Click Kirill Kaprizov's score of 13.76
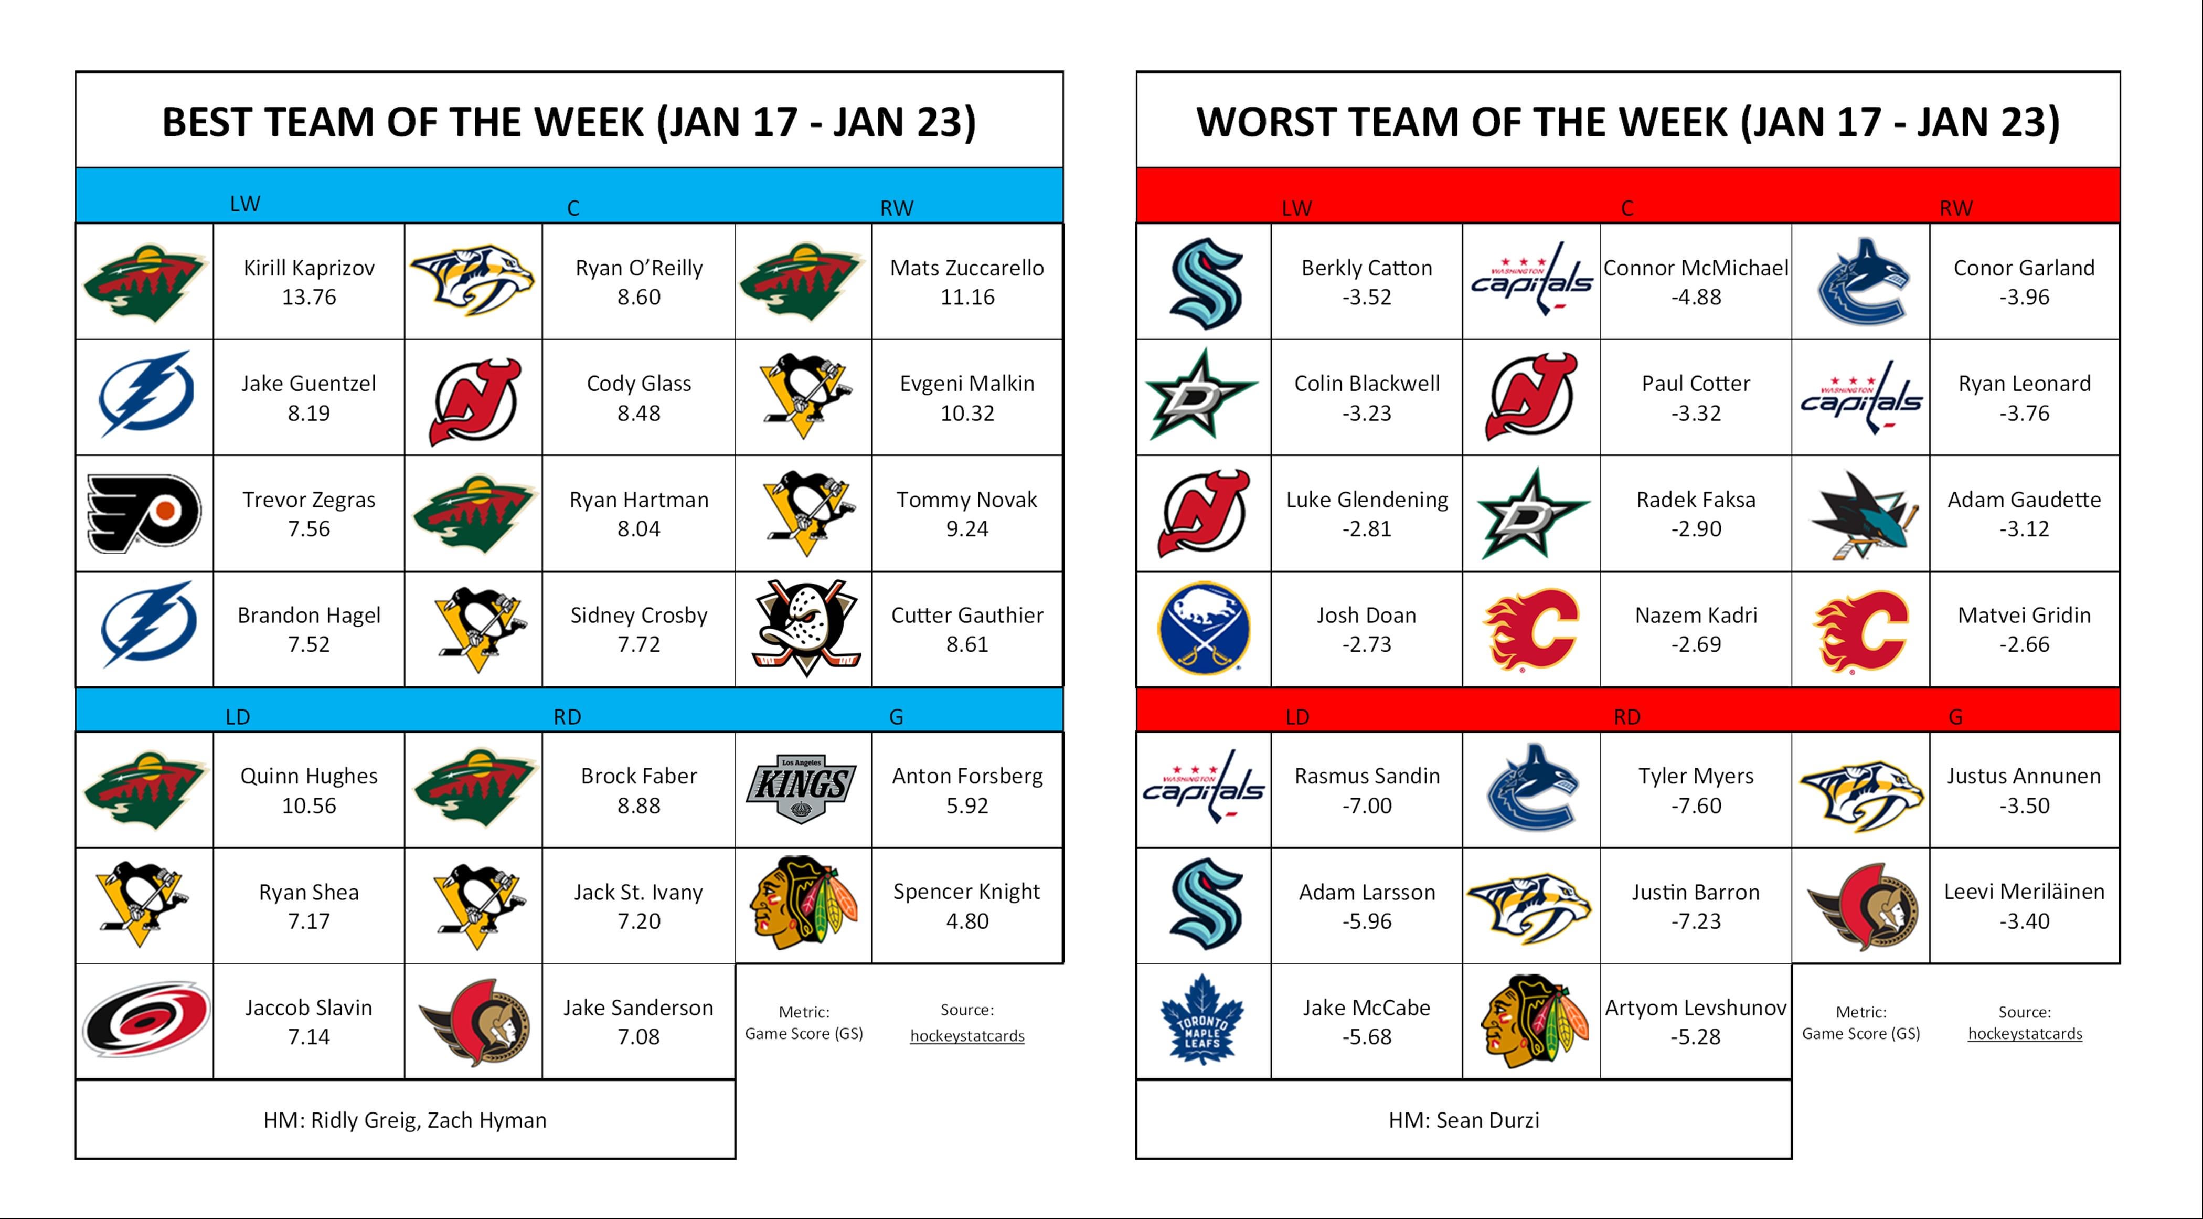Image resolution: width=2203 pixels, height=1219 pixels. [308, 297]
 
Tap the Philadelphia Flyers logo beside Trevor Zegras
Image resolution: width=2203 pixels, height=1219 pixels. [144, 513]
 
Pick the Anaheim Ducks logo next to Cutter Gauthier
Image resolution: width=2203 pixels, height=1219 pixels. [805, 629]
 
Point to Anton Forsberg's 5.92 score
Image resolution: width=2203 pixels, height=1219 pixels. [967, 806]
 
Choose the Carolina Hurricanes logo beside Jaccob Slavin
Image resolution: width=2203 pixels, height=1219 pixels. [145, 1021]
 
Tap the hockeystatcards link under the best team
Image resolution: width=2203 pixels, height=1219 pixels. [967, 1036]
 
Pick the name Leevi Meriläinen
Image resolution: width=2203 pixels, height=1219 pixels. [2024, 892]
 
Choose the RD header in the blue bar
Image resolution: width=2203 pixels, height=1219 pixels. [567, 717]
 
